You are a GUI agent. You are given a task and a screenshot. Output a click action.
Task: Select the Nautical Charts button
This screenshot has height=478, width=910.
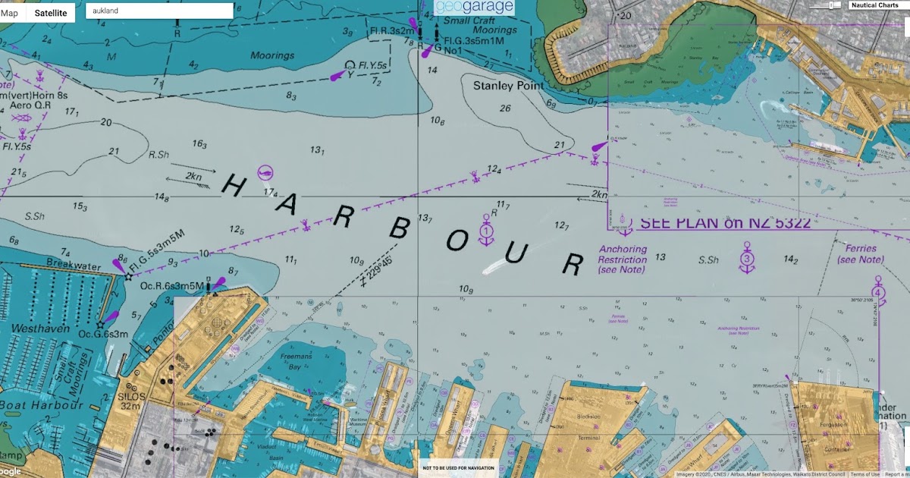pos(874,5)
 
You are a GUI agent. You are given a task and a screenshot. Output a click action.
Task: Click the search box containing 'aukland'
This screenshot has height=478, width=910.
pos(159,11)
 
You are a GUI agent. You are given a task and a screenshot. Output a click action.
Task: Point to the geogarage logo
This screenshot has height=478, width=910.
pos(474,8)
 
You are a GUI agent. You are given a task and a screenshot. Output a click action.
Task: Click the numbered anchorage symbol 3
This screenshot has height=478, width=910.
pos(747,257)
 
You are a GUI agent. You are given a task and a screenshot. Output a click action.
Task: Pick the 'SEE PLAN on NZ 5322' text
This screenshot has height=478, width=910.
pos(726,223)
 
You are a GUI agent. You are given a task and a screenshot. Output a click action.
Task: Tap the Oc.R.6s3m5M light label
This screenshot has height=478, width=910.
pos(172,285)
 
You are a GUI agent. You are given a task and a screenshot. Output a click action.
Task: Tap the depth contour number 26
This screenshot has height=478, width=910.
pos(505,108)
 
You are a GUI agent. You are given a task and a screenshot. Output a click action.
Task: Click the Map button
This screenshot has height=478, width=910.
pos(10,13)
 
